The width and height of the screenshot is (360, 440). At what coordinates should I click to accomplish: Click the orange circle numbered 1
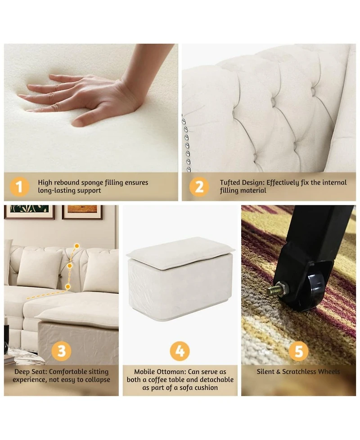(x=20, y=186)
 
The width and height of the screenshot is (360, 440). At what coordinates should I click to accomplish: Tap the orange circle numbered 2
(x=199, y=186)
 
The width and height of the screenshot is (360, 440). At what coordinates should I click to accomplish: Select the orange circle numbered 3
(x=61, y=351)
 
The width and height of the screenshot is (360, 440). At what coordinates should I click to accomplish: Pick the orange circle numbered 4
(x=180, y=351)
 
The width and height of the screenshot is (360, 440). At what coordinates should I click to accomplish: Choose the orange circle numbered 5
(x=299, y=351)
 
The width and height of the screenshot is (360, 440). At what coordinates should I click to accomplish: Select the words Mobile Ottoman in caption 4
(x=160, y=372)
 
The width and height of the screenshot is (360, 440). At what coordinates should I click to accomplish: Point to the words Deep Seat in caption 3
(x=30, y=372)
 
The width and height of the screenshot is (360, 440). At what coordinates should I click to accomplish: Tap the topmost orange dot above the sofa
(x=76, y=246)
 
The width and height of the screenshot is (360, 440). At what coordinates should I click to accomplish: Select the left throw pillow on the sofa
(x=39, y=268)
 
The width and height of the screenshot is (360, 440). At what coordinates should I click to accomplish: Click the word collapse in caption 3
(x=97, y=380)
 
